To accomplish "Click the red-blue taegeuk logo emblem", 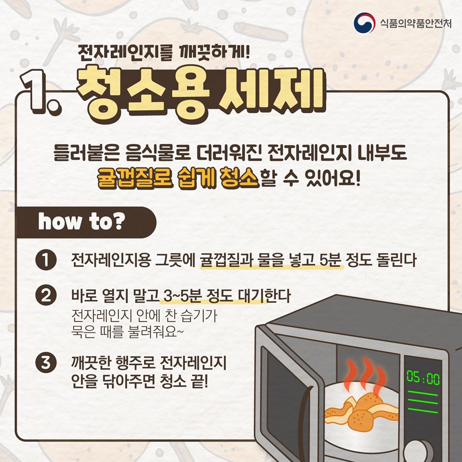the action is [x=364, y=23].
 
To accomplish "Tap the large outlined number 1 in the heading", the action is [x=37, y=92].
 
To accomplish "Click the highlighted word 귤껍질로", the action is [x=134, y=178].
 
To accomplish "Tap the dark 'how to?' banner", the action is [x=86, y=222].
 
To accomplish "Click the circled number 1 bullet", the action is [x=46, y=260].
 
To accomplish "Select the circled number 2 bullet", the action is [x=46, y=295].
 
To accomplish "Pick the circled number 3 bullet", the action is [x=46, y=362].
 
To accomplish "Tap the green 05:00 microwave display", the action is [x=423, y=377].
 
